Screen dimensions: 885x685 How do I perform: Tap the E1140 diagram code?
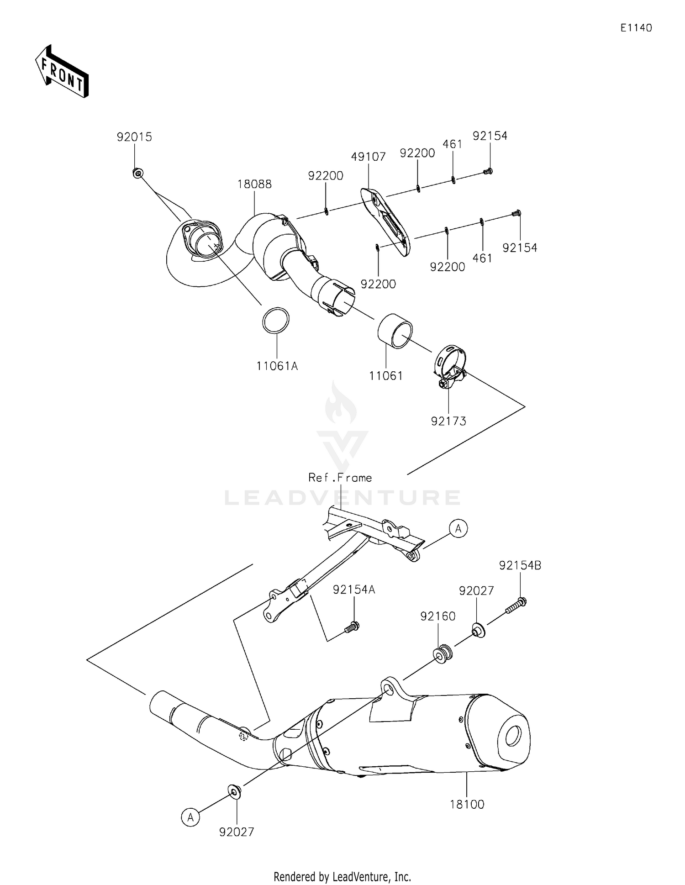(x=636, y=28)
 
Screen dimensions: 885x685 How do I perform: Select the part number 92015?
(x=134, y=137)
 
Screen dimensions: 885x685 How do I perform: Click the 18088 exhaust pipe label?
(x=254, y=184)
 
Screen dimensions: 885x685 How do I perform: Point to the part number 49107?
(x=369, y=157)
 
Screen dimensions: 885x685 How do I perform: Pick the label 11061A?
(x=277, y=366)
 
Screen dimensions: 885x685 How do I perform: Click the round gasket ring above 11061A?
(x=276, y=321)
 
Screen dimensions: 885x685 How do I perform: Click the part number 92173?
(x=448, y=421)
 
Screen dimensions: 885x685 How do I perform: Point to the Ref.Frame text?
(x=340, y=478)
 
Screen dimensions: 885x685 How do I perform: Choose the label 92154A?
(x=354, y=590)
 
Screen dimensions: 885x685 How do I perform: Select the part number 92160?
(x=438, y=616)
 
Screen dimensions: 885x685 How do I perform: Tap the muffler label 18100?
(x=467, y=804)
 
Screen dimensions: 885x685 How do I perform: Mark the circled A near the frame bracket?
(x=458, y=528)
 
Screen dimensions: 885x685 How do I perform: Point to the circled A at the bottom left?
(x=190, y=817)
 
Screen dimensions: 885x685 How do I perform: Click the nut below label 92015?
(x=137, y=173)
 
